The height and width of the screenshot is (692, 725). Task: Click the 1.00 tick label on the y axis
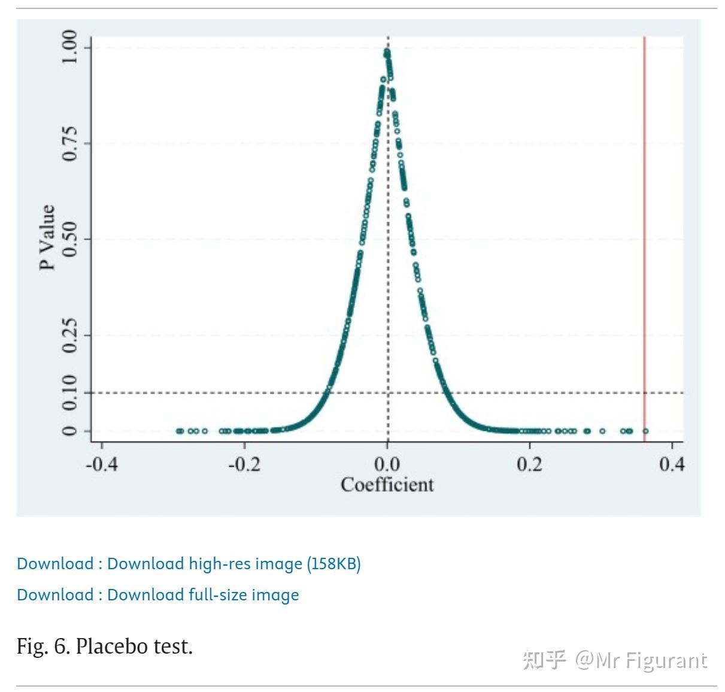(x=69, y=47)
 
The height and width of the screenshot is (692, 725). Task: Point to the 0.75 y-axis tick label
(x=69, y=144)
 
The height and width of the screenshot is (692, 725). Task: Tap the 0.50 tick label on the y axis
(x=69, y=239)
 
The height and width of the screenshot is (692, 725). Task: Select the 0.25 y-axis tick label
(x=69, y=335)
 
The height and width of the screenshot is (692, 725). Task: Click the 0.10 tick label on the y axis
(x=69, y=393)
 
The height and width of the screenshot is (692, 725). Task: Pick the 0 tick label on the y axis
(x=69, y=431)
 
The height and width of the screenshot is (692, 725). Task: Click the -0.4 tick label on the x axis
(x=102, y=464)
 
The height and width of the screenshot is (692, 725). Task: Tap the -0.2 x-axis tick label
(x=244, y=464)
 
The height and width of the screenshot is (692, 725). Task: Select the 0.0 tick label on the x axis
(x=387, y=464)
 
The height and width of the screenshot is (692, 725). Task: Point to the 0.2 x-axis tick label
(x=530, y=464)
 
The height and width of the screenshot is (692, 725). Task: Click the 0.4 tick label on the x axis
(x=672, y=464)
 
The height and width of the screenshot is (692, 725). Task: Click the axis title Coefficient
(x=387, y=485)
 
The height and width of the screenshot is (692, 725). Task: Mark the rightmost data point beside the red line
(x=645, y=431)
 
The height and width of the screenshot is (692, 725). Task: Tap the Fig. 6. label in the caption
(x=43, y=646)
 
